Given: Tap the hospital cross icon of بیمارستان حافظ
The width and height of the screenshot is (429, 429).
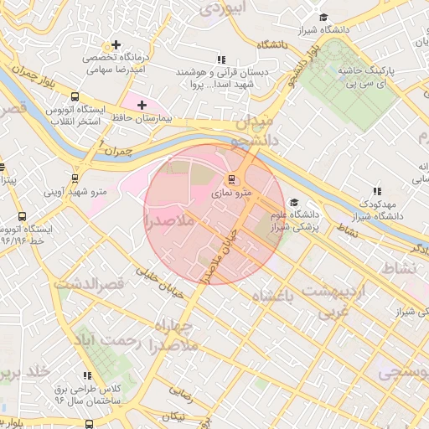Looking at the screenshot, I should pyautogui.click(x=141, y=105).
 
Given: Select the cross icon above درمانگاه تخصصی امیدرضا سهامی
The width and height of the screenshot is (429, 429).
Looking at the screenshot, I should pyautogui.click(x=116, y=44).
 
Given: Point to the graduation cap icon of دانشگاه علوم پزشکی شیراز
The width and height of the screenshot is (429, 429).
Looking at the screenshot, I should pyautogui.click(x=293, y=202).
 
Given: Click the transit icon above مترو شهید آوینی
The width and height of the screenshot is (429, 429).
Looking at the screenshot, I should pyautogui.click(x=76, y=178).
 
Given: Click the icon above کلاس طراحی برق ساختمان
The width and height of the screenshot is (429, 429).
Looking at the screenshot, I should pyautogui.click(x=86, y=376).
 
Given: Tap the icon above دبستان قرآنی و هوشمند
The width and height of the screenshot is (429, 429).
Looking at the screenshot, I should pyautogui.click(x=222, y=59).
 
